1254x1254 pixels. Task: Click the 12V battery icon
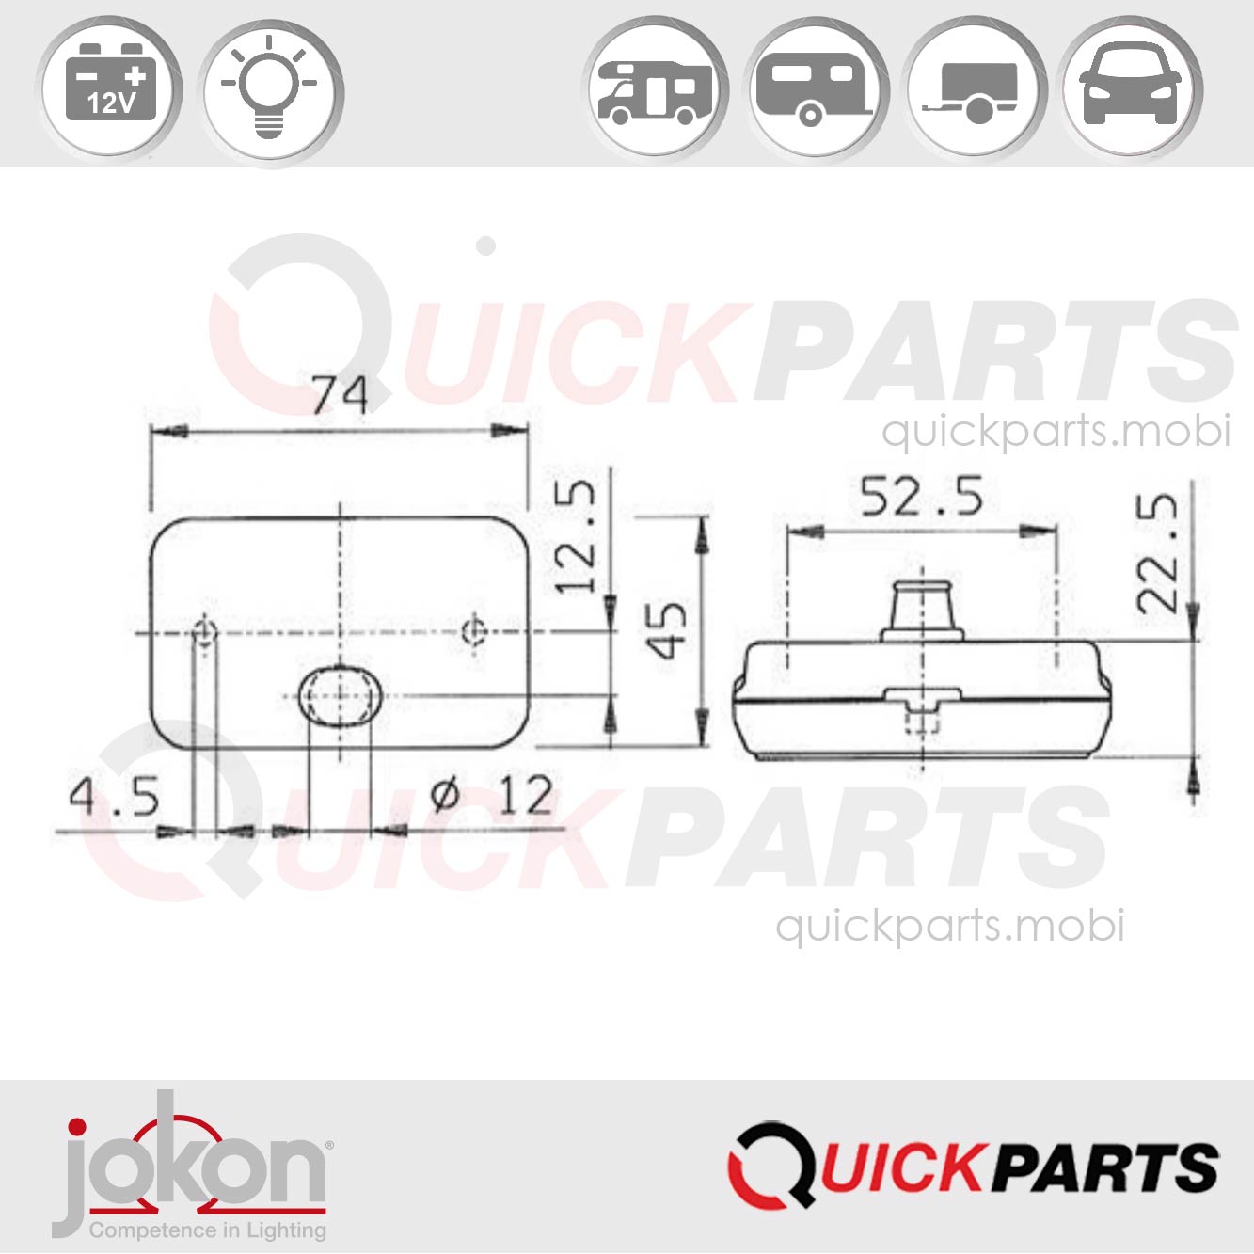(x=110, y=90)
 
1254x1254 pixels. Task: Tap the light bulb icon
(x=271, y=90)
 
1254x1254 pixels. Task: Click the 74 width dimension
(x=340, y=394)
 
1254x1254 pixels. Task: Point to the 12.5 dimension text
(x=576, y=536)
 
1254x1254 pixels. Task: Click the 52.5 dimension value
(x=921, y=497)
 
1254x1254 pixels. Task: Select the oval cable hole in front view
(x=340, y=696)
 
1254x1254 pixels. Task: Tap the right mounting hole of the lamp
(x=476, y=631)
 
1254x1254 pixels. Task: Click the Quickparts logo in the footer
(x=973, y=1167)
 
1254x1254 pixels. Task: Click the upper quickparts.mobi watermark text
(x=1056, y=431)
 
